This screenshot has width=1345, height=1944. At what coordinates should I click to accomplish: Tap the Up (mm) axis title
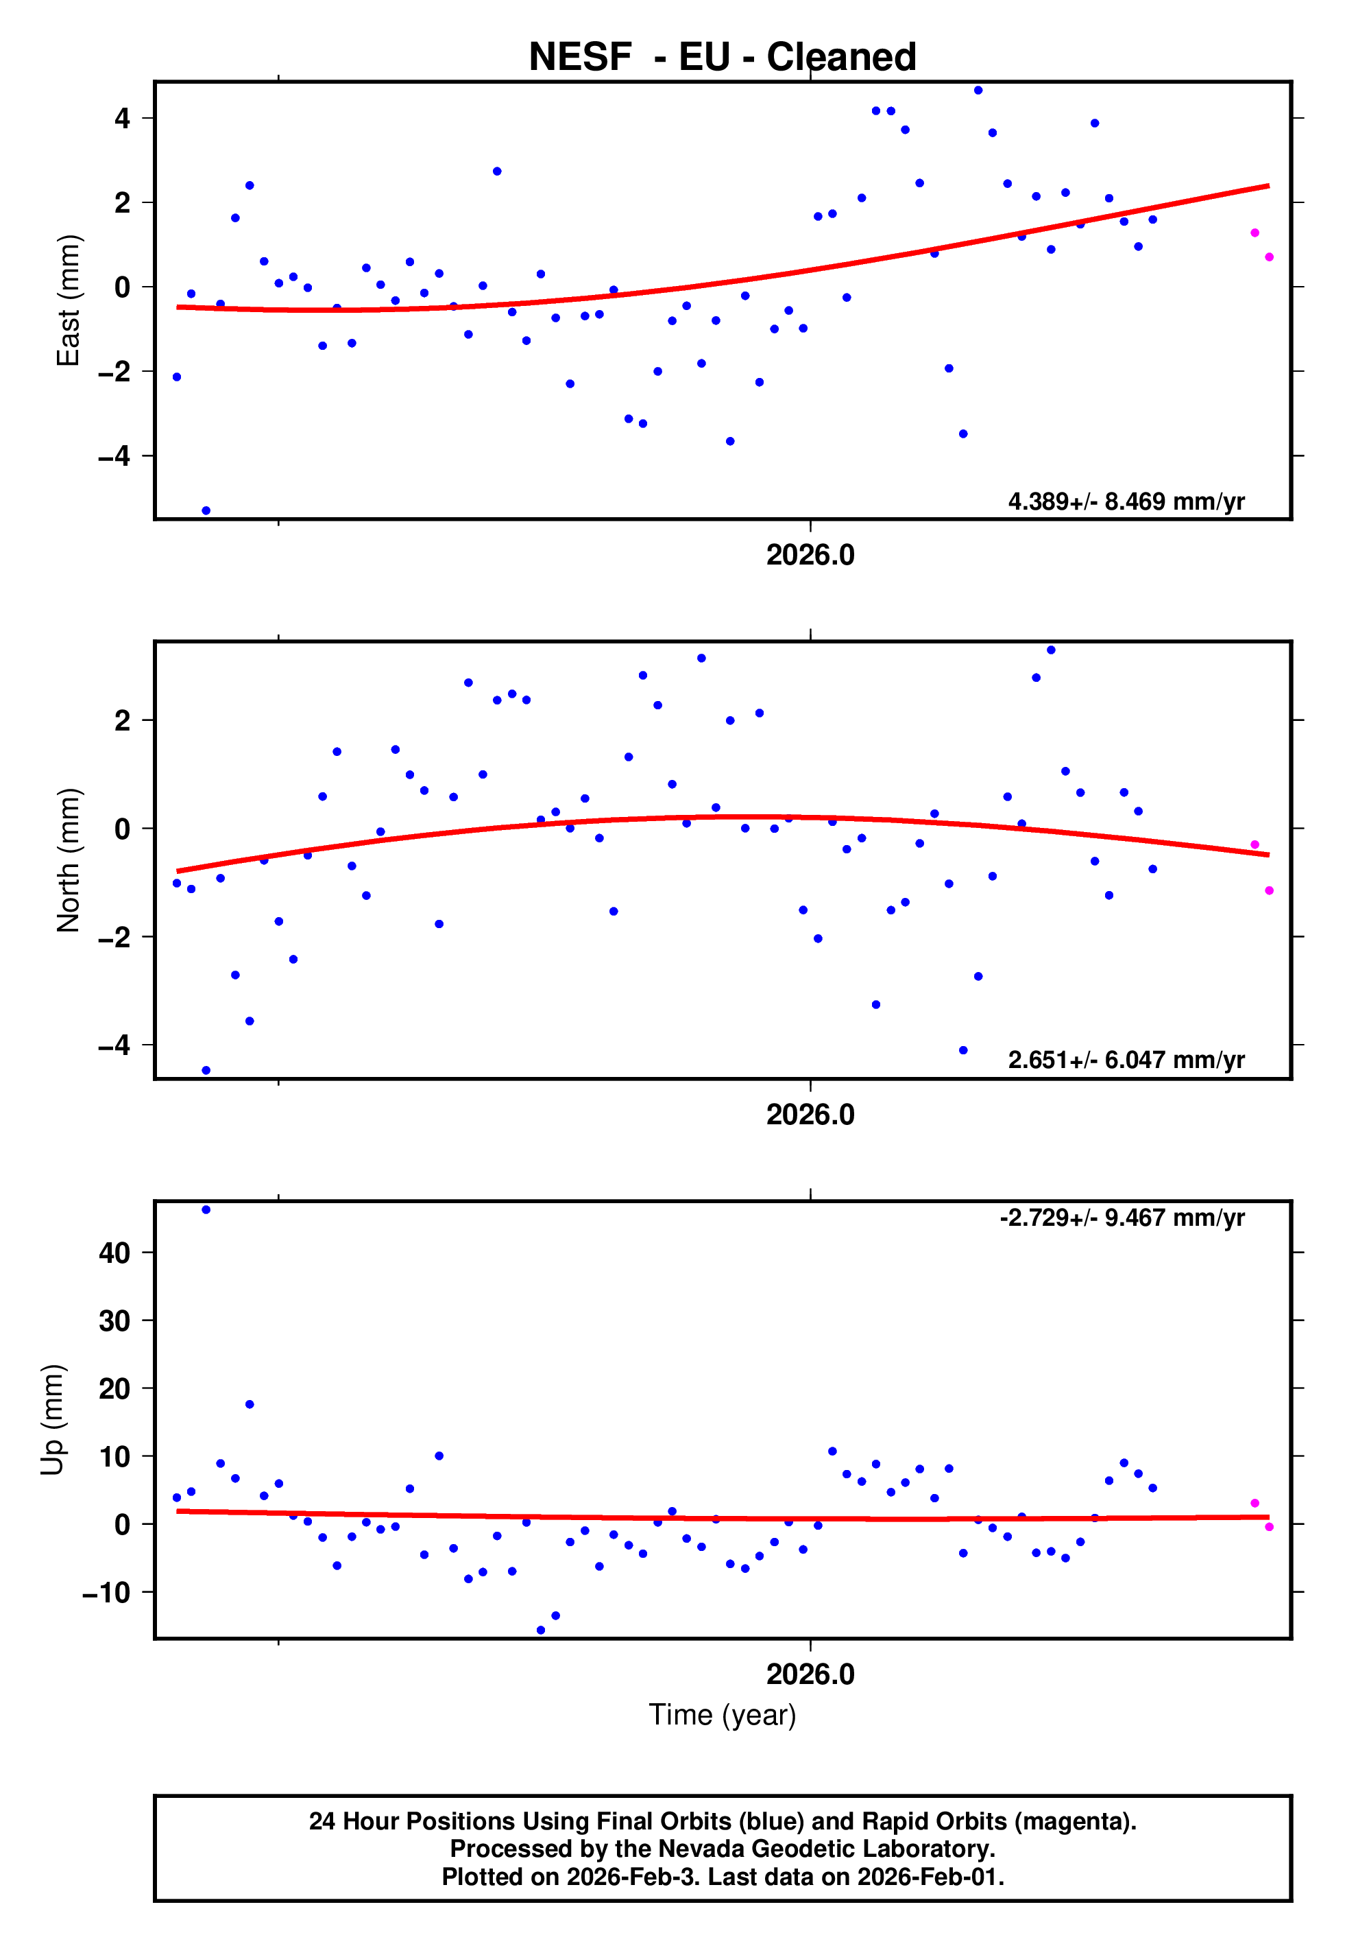click(52, 1420)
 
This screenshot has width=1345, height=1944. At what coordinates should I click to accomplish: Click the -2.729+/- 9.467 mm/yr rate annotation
click(1122, 1218)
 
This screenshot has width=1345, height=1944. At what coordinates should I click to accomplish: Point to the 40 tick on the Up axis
click(114, 1253)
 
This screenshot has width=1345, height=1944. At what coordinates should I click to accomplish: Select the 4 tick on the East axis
click(123, 118)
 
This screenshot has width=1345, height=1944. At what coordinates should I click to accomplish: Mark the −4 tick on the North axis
click(114, 1045)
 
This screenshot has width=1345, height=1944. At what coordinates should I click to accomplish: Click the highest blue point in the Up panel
click(206, 1210)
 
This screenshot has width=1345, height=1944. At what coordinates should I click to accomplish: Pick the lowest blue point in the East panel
click(206, 511)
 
